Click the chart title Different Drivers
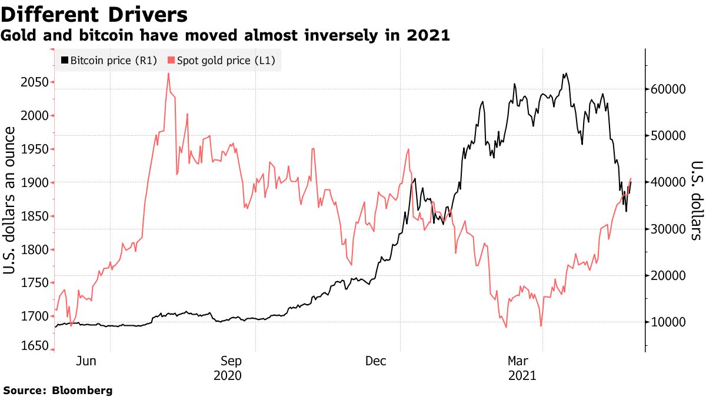click(95, 14)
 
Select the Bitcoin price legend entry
click(108, 60)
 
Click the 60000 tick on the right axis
click(668, 89)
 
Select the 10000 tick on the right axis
click(668, 322)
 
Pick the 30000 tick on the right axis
click(668, 229)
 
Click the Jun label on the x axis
click(86, 361)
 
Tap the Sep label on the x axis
click(231, 361)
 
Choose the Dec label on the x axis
click(375, 361)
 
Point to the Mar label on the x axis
click(518, 361)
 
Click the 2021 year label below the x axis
click(521, 375)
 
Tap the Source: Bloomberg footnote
click(57, 390)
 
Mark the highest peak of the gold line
click(168, 74)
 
